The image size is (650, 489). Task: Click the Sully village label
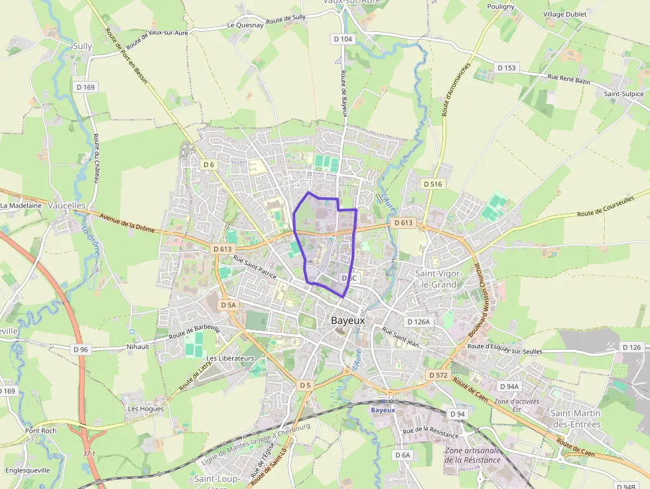coord(82,46)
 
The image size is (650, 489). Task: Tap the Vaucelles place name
coord(67,206)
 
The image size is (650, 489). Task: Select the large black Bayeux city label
coord(348,320)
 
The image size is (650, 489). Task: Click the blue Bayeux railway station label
coord(383,410)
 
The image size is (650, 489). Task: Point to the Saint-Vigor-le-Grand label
coord(436,279)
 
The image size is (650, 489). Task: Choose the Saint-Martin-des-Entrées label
coord(575,419)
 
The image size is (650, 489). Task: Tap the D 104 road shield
coord(343,39)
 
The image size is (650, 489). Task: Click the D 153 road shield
coord(506,68)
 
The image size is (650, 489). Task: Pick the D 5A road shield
coord(227,305)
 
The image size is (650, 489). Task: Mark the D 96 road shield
coord(80,349)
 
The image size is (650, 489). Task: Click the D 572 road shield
coord(438,375)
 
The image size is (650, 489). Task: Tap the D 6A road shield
coord(403,455)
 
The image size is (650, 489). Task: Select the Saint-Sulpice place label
coord(623,94)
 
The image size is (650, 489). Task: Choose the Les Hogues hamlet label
coord(146,409)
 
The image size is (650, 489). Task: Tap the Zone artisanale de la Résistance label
coord(473,455)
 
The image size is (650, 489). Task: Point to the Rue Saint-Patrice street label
coord(255,266)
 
